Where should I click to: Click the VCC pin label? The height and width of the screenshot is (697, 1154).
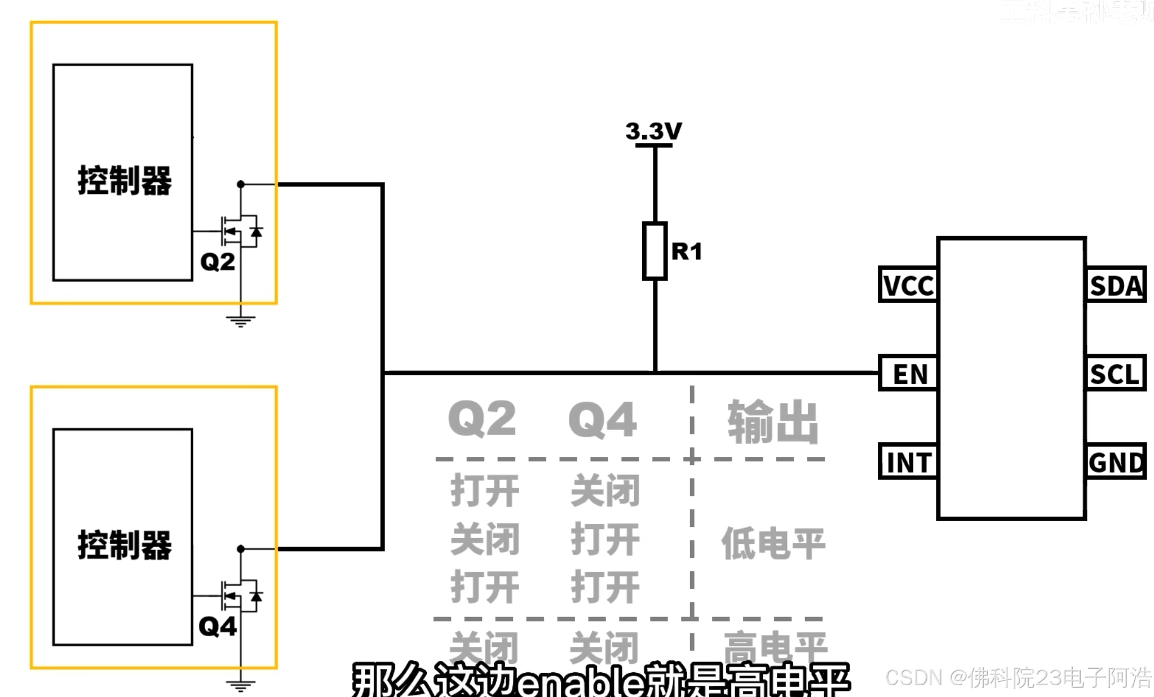908,285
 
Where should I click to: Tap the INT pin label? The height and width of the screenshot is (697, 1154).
908,462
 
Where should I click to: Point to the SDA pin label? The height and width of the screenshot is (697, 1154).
1116,285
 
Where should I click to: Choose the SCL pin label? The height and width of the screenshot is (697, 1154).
1115,374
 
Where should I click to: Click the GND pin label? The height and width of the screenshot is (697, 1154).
1116,462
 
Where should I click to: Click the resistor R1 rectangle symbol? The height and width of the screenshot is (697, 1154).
655,251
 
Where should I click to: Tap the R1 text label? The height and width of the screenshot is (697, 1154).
687,251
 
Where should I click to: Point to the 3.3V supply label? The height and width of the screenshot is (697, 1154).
653,131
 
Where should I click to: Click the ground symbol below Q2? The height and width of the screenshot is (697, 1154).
241,322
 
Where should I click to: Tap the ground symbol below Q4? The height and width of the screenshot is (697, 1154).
241,686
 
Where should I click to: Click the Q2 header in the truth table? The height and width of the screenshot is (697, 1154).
482,419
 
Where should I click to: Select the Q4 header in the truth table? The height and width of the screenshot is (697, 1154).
603,420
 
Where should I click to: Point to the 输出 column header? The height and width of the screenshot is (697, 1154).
773,421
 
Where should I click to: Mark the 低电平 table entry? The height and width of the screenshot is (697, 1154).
773,543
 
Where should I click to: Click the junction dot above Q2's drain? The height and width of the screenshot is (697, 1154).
241,184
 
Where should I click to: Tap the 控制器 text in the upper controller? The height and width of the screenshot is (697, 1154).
124,180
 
